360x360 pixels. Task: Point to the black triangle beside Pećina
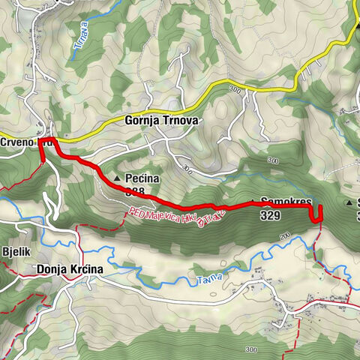(118, 178)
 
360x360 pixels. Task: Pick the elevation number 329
(271, 215)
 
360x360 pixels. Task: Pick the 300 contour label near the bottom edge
(250, 349)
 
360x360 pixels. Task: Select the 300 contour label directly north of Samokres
(272, 161)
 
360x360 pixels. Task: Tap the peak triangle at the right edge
(350, 202)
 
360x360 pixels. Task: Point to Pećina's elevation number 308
(135, 192)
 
